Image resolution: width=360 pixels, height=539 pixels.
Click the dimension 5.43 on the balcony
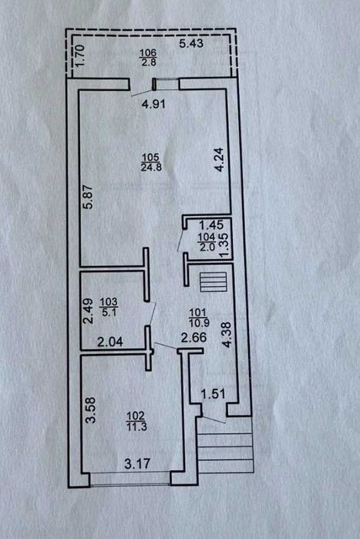coord(191,43)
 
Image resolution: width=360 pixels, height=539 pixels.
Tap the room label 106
coord(149,53)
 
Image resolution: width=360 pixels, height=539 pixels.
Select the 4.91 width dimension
coord(153,104)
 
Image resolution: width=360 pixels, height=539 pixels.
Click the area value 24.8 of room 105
coord(151,167)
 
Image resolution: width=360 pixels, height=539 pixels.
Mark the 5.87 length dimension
coord(89,197)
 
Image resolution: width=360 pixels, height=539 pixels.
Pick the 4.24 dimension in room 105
coord(219,160)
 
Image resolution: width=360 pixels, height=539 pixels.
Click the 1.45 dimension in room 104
coord(211,225)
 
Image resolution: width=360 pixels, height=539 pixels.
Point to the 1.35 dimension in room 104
coord(224,245)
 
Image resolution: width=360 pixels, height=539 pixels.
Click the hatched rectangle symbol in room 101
coord(214,282)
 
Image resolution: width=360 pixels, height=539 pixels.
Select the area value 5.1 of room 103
coord(109,313)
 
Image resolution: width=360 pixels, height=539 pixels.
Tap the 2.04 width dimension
coord(110,342)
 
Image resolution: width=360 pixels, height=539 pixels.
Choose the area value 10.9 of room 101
coord(199,323)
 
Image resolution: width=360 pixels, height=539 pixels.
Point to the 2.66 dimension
coord(193,337)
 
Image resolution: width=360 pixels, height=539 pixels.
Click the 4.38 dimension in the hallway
coord(227,335)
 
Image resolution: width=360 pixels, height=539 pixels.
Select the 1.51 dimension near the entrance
coord(213,394)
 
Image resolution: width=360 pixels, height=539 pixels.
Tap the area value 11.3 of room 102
coord(136,426)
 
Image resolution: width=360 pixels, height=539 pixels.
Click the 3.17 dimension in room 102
coord(137,464)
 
